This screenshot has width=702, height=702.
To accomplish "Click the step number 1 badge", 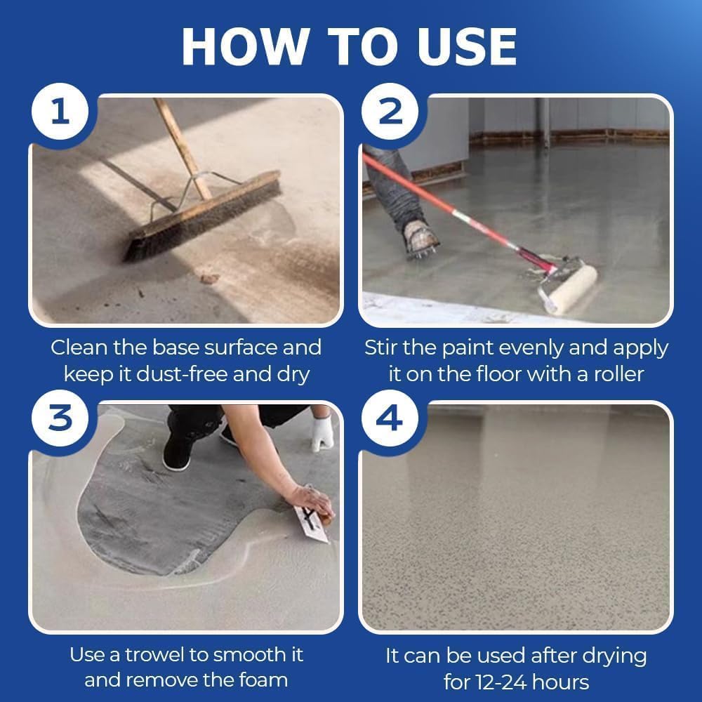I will (x=60, y=112).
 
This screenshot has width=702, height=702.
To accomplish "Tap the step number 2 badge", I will (x=390, y=112).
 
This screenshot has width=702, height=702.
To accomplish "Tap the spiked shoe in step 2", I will (x=420, y=238).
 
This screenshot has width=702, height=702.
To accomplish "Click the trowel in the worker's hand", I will (x=311, y=524).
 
